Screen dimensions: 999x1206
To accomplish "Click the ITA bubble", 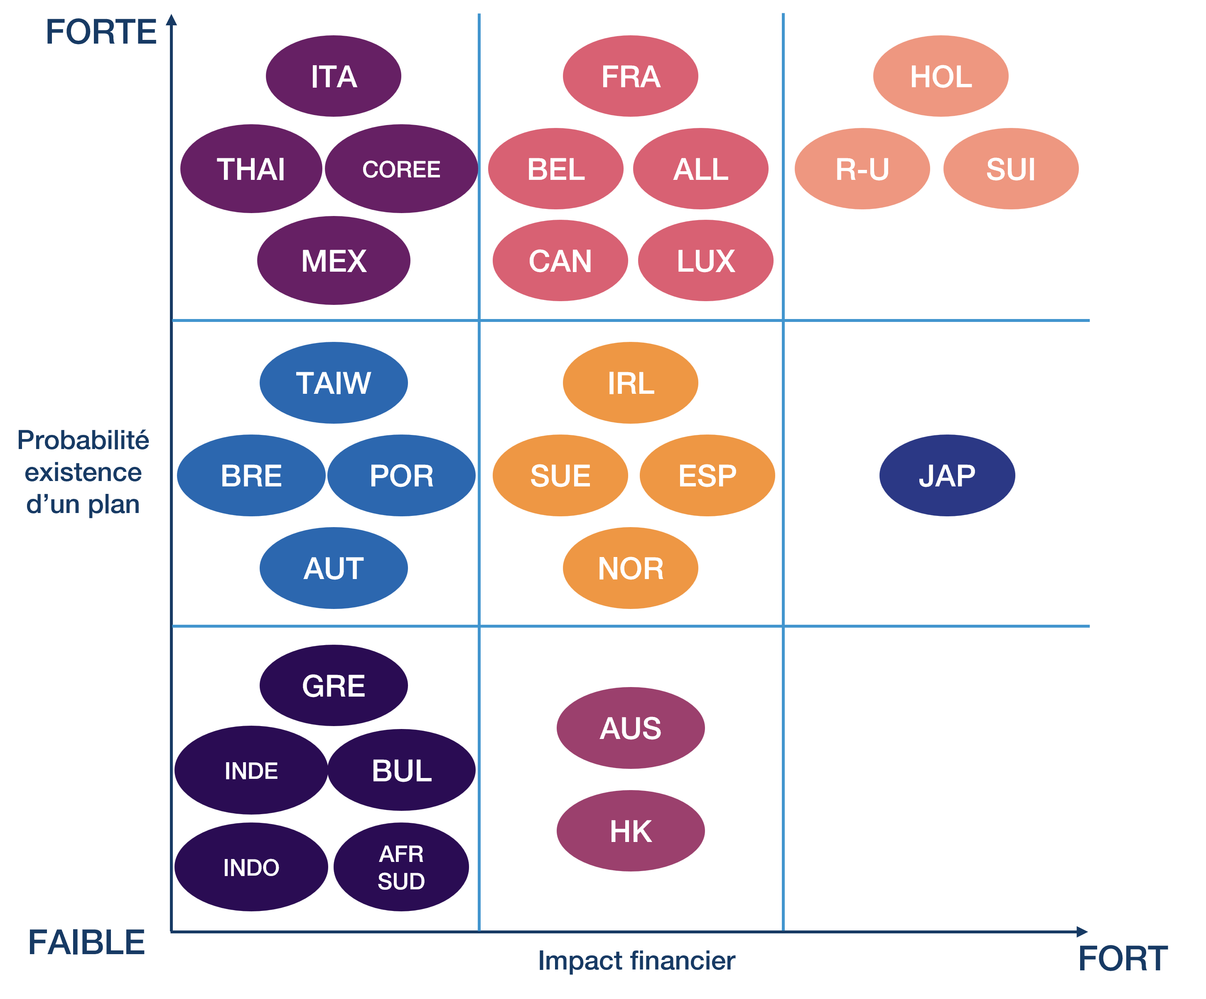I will tap(333, 76).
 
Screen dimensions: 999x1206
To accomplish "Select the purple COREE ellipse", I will tap(401, 169).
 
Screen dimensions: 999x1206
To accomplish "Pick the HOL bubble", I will tap(941, 76).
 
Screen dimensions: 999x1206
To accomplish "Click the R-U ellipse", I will tap(862, 169).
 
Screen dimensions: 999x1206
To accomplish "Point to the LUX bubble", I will tap(706, 261).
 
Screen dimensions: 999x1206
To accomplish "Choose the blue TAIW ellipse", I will tap(334, 383).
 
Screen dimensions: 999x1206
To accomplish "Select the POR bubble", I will tap(401, 475).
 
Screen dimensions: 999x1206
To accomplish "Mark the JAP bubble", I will tap(947, 475).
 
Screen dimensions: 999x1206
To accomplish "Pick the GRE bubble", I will tap(334, 685).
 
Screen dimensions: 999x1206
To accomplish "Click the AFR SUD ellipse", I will tap(401, 867).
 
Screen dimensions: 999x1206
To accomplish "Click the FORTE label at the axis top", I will tap(101, 32).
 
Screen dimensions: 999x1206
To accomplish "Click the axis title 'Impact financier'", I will tap(636, 960).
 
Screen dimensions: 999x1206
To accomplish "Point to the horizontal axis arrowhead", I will tap(1082, 931).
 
